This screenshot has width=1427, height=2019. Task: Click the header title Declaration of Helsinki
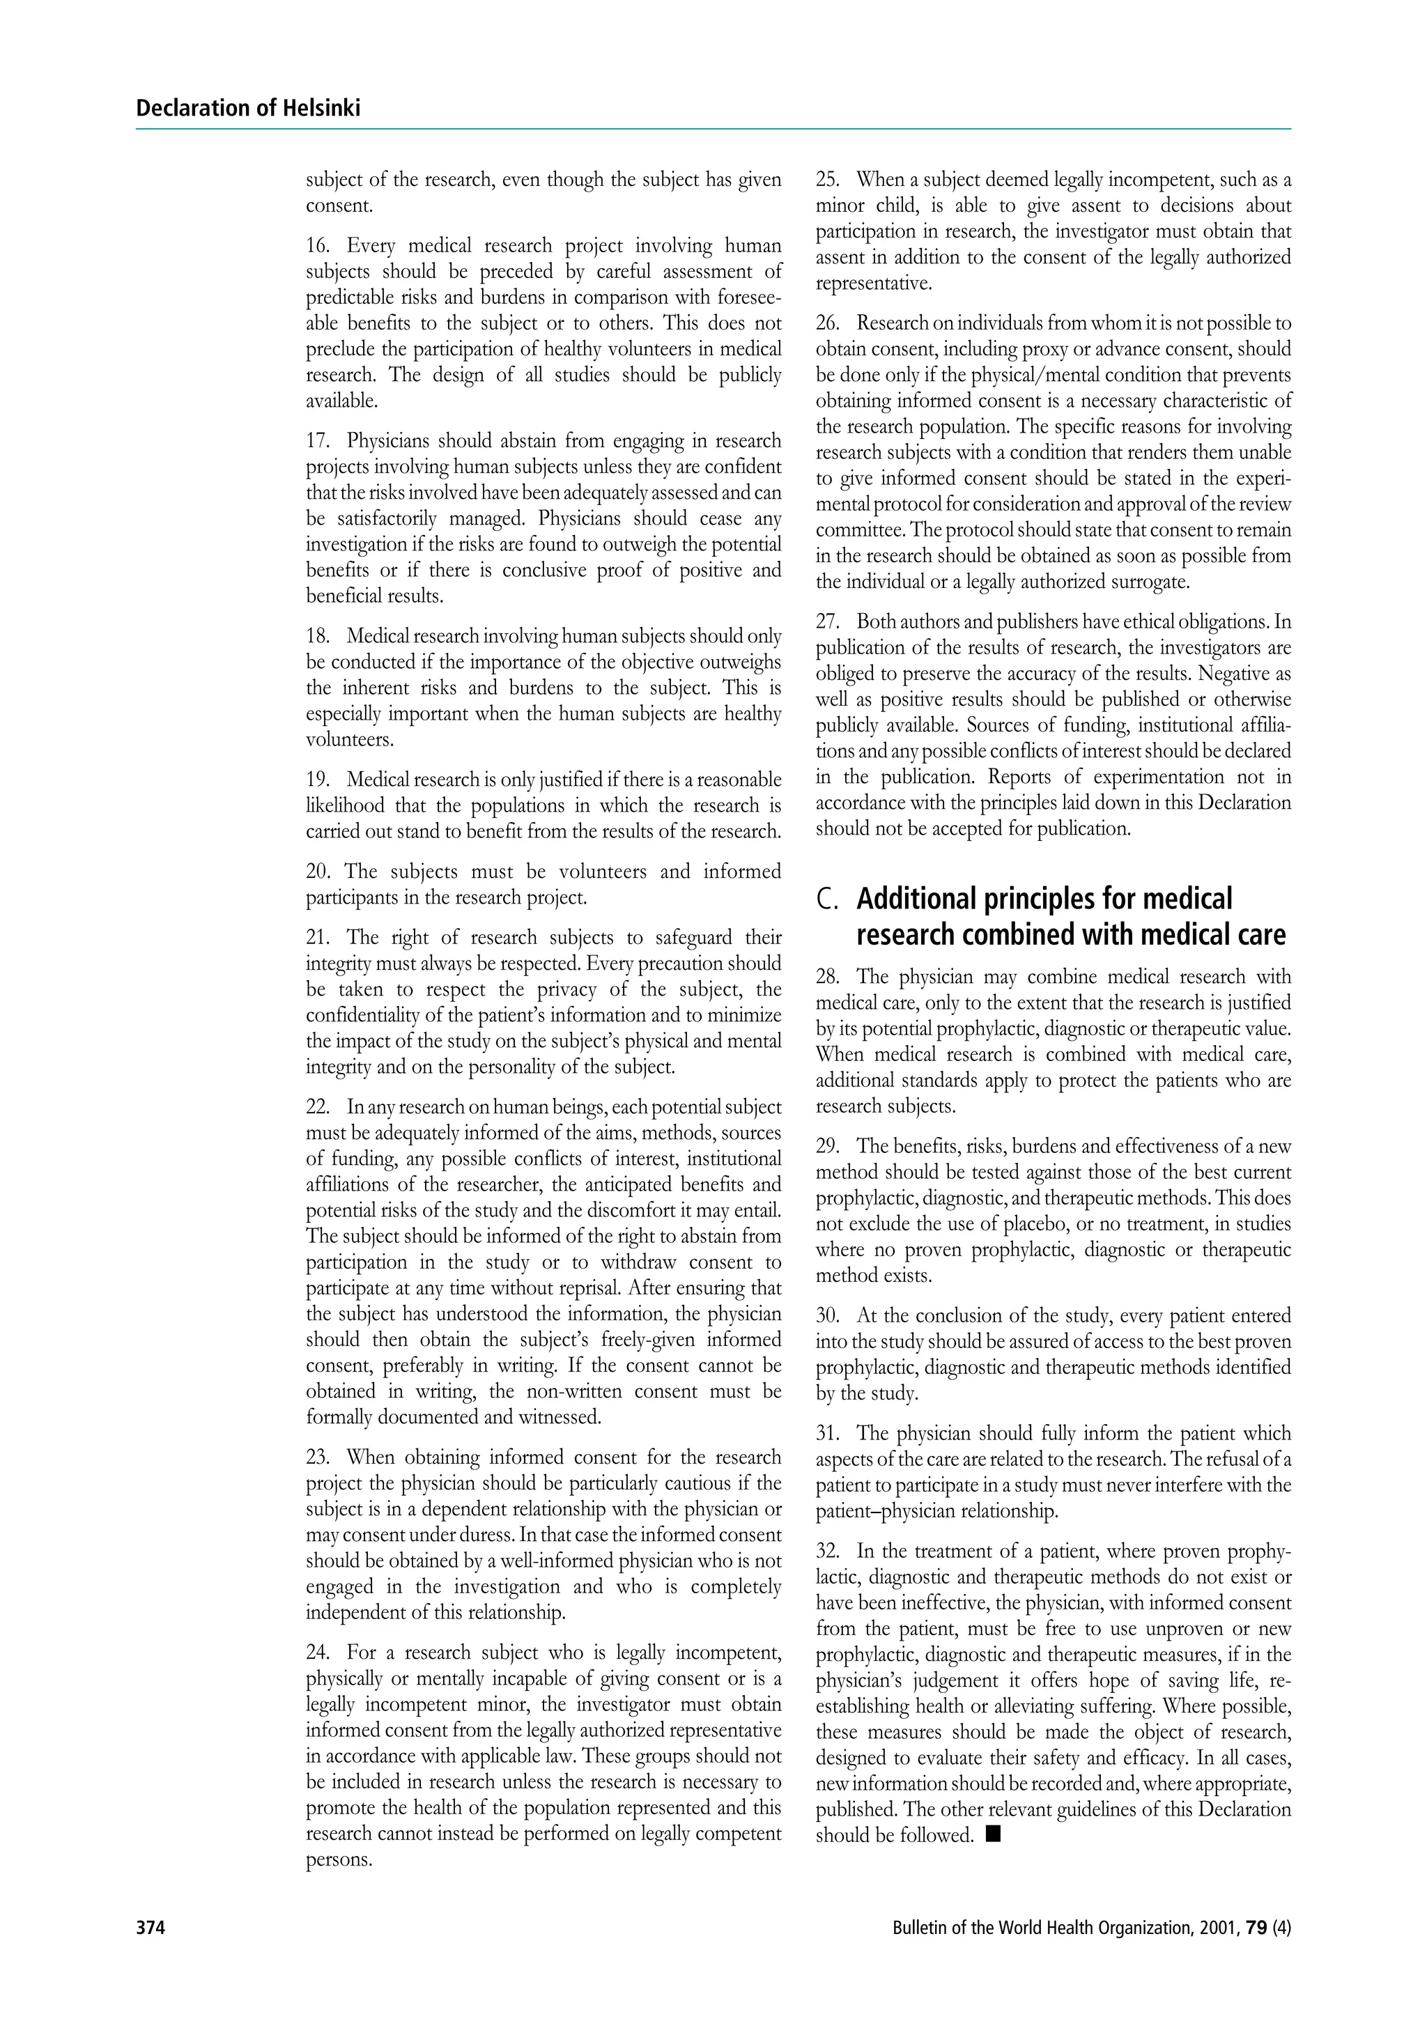tap(248, 108)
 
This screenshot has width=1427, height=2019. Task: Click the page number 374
tap(151, 1928)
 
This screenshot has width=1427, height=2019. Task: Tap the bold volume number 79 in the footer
tap(1256, 1928)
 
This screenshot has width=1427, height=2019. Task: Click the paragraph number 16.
tap(318, 245)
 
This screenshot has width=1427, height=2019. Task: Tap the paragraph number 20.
tap(318, 872)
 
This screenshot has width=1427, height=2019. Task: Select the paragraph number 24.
tap(318, 1653)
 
